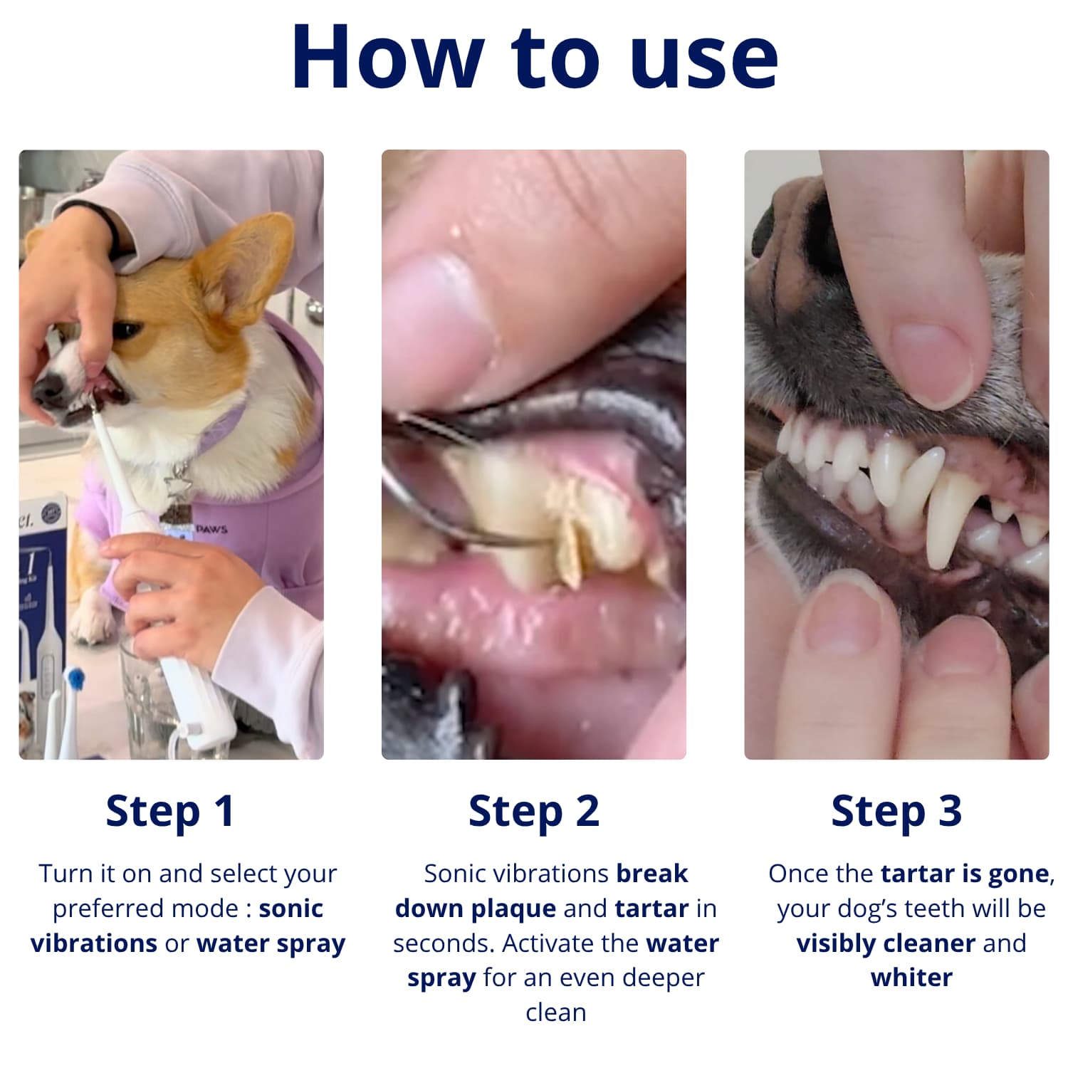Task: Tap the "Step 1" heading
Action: point(170,812)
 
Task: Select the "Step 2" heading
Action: point(534,812)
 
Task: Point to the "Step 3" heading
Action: point(896,812)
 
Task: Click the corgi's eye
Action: point(126,330)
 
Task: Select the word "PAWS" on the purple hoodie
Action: point(211,529)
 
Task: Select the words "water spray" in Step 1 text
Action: point(271,943)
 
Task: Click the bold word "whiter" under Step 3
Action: point(911,978)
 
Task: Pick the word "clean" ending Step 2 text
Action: point(556,1012)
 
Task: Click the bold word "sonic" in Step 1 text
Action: point(290,909)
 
